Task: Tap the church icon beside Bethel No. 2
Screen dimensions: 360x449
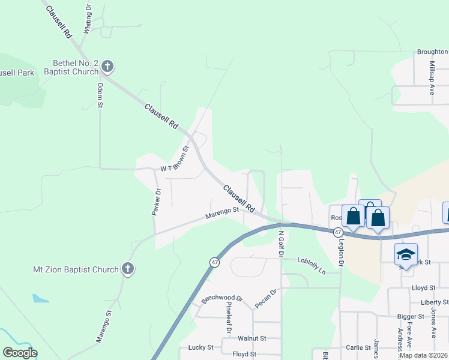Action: pos(107,66)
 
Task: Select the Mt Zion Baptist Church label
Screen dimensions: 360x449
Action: pos(76,269)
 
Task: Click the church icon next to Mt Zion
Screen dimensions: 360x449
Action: pos(128,269)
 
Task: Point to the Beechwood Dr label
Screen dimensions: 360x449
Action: pos(221,298)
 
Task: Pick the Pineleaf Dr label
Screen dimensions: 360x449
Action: pos(229,317)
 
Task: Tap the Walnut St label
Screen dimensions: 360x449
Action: pos(252,338)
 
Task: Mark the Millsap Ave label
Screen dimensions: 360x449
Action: pos(432,77)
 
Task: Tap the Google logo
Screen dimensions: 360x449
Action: pos(20,353)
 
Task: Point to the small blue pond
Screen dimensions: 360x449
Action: pos(40,298)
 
